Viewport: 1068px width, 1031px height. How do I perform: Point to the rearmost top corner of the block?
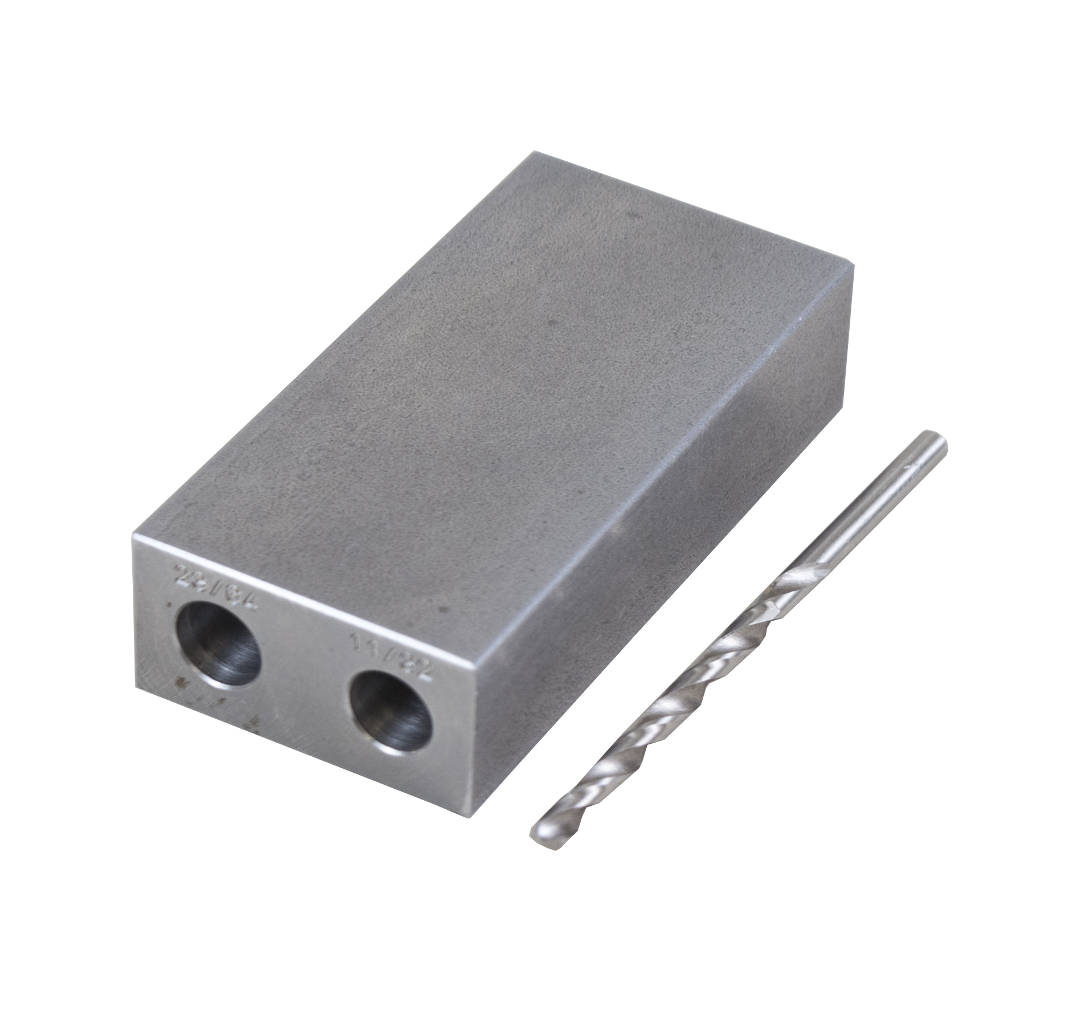click(533, 153)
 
